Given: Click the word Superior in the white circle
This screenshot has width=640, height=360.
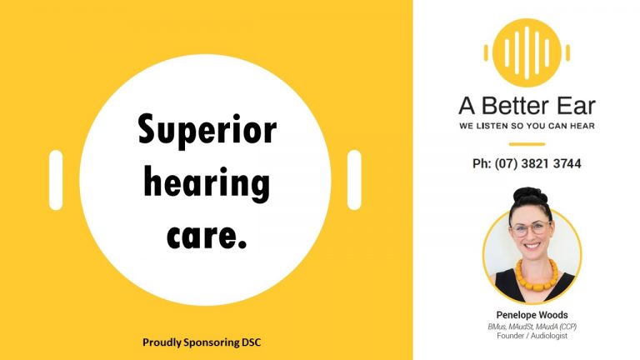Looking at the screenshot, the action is click(x=207, y=130).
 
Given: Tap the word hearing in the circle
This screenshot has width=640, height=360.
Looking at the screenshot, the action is click(x=207, y=183).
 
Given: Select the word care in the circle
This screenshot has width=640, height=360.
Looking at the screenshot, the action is click(x=202, y=237).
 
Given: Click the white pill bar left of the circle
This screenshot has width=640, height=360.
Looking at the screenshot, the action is click(x=56, y=180).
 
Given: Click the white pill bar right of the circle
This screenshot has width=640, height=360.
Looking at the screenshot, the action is click(x=354, y=180).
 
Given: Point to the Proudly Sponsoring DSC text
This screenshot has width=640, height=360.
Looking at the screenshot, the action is click(x=202, y=342).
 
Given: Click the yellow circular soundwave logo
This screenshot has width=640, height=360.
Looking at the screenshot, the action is click(x=527, y=52).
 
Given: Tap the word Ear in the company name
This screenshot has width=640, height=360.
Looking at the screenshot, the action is click(x=577, y=106).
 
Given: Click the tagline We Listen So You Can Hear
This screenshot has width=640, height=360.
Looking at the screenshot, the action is click(x=527, y=126).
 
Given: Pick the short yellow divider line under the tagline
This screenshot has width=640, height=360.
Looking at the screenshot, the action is click(x=527, y=144).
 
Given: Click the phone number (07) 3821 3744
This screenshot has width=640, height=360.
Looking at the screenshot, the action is click(x=537, y=163).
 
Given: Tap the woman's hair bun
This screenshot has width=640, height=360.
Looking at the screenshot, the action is click(x=530, y=195).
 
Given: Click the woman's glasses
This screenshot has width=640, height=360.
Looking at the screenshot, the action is click(x=531, y=228).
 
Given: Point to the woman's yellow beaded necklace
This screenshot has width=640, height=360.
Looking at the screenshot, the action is click(x=537, y=275).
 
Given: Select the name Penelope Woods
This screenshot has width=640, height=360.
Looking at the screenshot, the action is click(x=532, y=315).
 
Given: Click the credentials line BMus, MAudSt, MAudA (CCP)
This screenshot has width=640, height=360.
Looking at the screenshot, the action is click(x=532, y=327).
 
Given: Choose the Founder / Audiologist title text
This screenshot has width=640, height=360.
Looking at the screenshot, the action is click(x=532, y=336).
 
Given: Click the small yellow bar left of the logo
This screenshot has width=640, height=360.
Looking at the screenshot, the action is click(x=486, y=53).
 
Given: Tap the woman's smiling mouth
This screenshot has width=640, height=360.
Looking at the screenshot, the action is click(x=532, y=246).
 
